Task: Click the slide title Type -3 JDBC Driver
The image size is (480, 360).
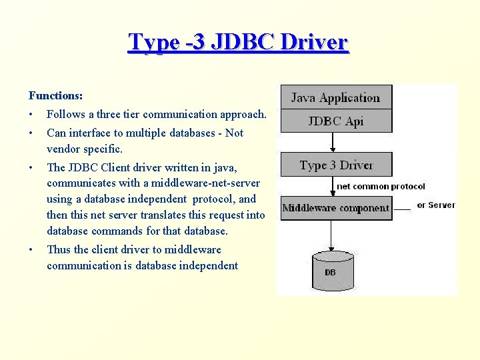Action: pyautogui.click(x=238, y=42)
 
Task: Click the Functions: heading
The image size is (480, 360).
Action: pyautogui.click(x=55, y=96)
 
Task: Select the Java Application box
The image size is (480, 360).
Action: pyautogui.click(x=335, y=97)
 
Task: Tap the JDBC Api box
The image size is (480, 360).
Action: pyautogui.click(x=335, y=121)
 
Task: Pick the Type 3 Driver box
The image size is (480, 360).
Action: pyautogui.click(x=335, y=165)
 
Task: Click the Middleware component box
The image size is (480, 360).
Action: pyautogui.click(x=335, y=208)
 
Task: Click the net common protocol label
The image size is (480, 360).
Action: pyautogui.click(x=381, y=187)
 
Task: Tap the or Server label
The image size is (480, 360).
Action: pyautogui.click(x=435, y=205)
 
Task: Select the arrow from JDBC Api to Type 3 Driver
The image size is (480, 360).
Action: pyautogui.click(x=332, y=142)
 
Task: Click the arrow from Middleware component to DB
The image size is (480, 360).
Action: pyautogui.click(x=331, y=234)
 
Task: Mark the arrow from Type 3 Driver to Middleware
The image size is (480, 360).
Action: pyautogui.click(x=332, y=186)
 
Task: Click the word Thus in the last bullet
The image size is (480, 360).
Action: pyautogui.click(x=58, y=249)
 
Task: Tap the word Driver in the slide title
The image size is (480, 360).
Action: pyautogui.click(x=314, y=42)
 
